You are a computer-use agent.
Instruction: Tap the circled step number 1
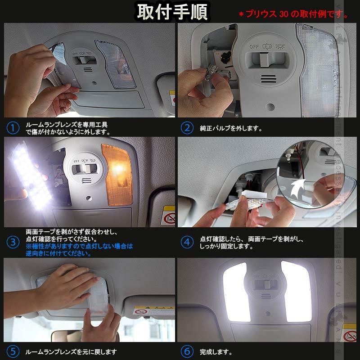[x=13, y=128]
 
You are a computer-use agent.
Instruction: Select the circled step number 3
[x=13, y=243]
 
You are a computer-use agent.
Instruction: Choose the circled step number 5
[x=13, y=351]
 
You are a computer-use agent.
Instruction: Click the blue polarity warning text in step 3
[x=79, y=250]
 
